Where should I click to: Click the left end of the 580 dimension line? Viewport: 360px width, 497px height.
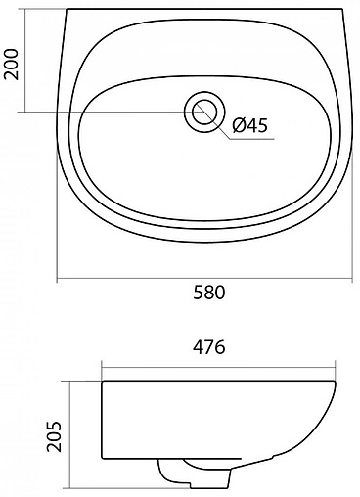(x=57, y=281)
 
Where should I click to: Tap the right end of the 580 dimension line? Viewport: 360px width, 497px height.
(x=352, y=281)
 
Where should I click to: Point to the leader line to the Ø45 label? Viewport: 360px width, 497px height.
(x=219, y=125)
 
